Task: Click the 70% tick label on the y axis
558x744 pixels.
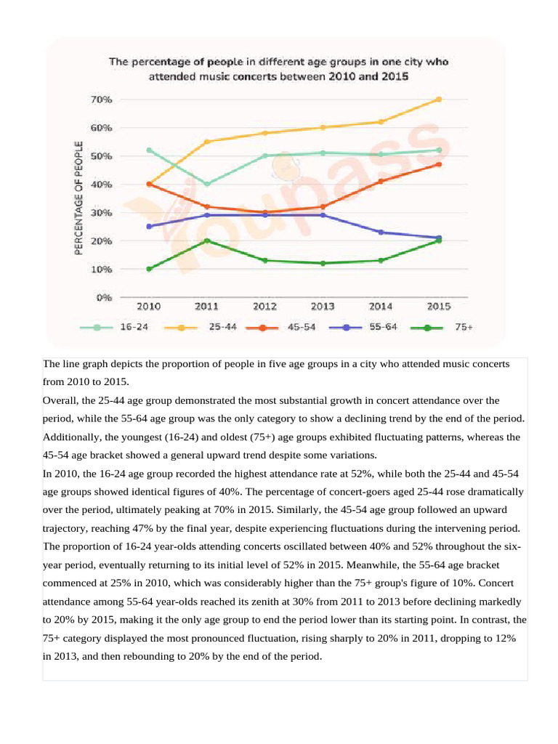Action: tap(101, 100)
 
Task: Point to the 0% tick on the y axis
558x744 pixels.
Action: tap(103, 297)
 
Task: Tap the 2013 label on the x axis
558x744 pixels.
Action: tap(323, 307)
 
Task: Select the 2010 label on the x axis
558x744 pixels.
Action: tap(149, 307)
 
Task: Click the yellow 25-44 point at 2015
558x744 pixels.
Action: tap(439, 100)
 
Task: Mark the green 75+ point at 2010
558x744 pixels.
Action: tap(149, 269)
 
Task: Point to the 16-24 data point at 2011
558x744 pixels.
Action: tap(206, 184)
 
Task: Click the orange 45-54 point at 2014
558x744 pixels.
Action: tap(381, 181)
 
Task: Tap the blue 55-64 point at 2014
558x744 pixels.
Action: tap(381, 232)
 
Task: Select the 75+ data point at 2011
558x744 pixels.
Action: tap(206, 240)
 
